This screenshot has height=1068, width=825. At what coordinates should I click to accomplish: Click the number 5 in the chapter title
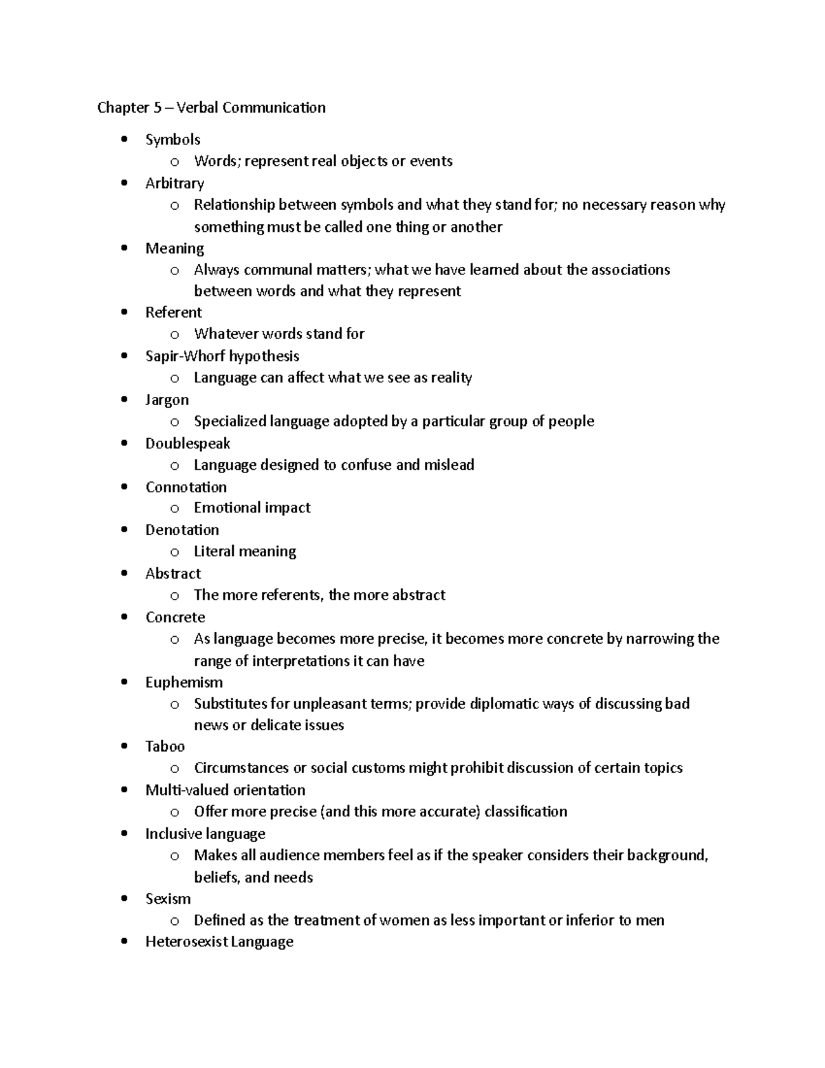(157, 107)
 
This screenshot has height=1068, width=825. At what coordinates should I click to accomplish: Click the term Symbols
(173, 140)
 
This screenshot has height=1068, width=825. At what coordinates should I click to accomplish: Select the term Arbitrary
(175, 184)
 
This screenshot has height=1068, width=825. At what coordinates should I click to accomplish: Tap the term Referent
(173, 312)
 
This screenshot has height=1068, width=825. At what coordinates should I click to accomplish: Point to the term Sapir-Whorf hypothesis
(222, 356)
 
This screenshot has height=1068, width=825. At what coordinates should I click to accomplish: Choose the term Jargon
(166, 400)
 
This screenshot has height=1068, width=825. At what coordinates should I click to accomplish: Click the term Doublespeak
(188, 444)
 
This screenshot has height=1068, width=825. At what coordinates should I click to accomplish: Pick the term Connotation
(186, 487)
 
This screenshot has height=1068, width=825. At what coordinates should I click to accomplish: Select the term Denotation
(182, 530)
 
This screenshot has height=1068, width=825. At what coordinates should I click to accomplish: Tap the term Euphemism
(184, 682)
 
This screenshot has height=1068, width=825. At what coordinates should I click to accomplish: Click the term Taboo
(165, 746)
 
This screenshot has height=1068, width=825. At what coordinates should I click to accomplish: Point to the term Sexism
(168, 899)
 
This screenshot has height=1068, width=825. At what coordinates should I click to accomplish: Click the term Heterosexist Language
(219, 941)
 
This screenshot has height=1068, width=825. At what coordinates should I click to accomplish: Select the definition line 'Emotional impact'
(252, 508)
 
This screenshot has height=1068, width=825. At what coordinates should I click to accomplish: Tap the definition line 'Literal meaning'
(245, 551)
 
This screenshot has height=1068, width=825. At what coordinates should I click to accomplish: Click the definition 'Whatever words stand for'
(279, 334)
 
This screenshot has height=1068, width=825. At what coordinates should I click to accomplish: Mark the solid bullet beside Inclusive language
(124, 833)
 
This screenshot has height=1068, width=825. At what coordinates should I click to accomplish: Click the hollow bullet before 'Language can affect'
(175, 378)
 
